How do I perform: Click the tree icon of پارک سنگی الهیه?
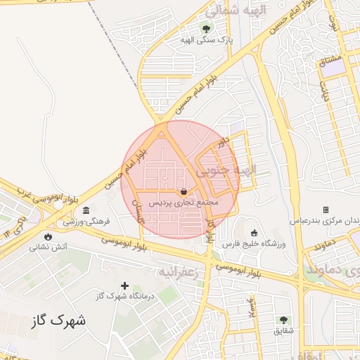pyautogui.click(x=206, y=30)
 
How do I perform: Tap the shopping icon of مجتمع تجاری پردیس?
pyautogui.click(x=184, y=191)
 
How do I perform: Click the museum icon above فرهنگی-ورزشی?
pyautogui.click(x=86, y=210)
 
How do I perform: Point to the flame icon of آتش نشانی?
pyautogui.click(x=48, y=236)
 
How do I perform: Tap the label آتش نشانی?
pyautogui.click(x=48, y=247)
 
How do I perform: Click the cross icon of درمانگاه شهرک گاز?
pyautogui.click(x=125, y=285)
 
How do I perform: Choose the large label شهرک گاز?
pyautogui.click(x=59, y=321)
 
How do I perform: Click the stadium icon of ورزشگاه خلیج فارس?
pyautogui.click(x=254, y=233)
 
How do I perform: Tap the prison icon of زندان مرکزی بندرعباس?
pyautogui.click(x=326, y=210)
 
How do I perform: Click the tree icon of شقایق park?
pyautogui.click(x=283, y=320)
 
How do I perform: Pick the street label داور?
pyautogui.click(x=223, y=143)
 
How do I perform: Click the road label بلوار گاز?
pyautogui.click(x=210, y=232)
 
